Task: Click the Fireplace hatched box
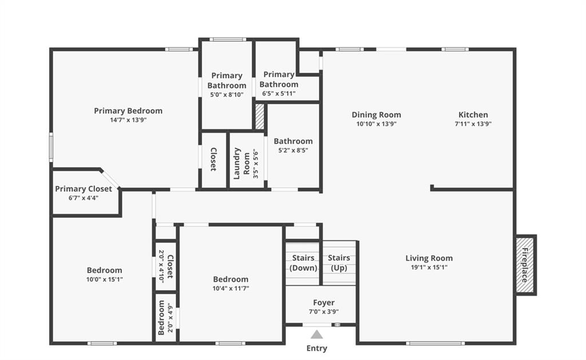(525, 264)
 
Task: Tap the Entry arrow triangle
(316, 334)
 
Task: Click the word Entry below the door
(316, 348)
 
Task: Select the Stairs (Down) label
(303, 263)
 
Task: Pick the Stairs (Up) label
(339, 263)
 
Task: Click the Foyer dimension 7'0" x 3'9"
(323, 312)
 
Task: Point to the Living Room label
(429, 258)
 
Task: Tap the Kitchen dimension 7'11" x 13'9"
(473, 124)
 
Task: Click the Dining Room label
(376, 114)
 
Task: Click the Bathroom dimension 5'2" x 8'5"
(293, 151)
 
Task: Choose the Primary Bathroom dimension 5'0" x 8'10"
(227, 94)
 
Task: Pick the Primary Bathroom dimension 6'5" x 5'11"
(279, 93)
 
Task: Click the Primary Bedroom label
(128, 111)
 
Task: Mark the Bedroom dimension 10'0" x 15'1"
(104, 279)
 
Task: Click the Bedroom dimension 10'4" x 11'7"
(231, 288)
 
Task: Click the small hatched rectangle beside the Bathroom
(260, 117)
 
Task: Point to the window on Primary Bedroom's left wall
(51, 147)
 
